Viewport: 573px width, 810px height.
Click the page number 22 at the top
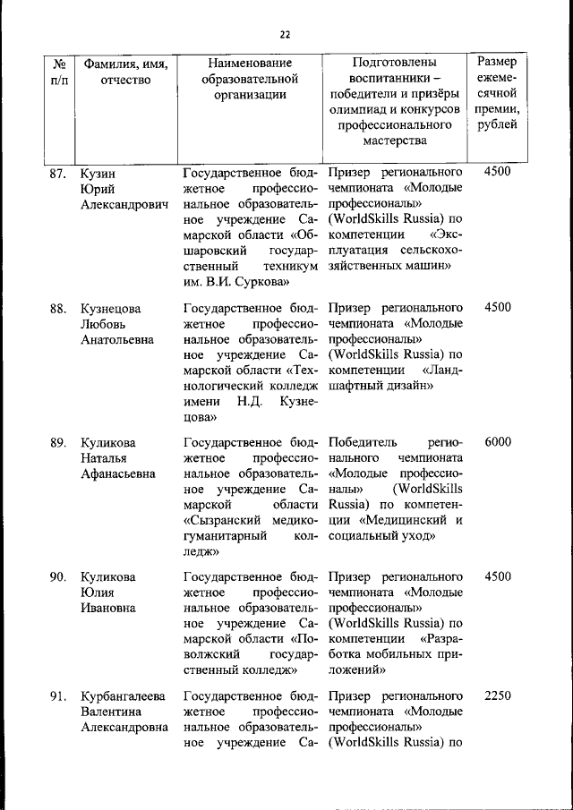point(286,35)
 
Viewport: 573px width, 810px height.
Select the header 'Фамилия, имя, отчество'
point(125,72)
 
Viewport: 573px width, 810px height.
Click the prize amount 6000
point(497,442)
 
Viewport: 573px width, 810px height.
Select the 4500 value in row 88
point(497,307)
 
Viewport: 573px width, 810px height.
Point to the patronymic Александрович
point(124,205)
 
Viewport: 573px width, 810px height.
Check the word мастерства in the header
point(395,141)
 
